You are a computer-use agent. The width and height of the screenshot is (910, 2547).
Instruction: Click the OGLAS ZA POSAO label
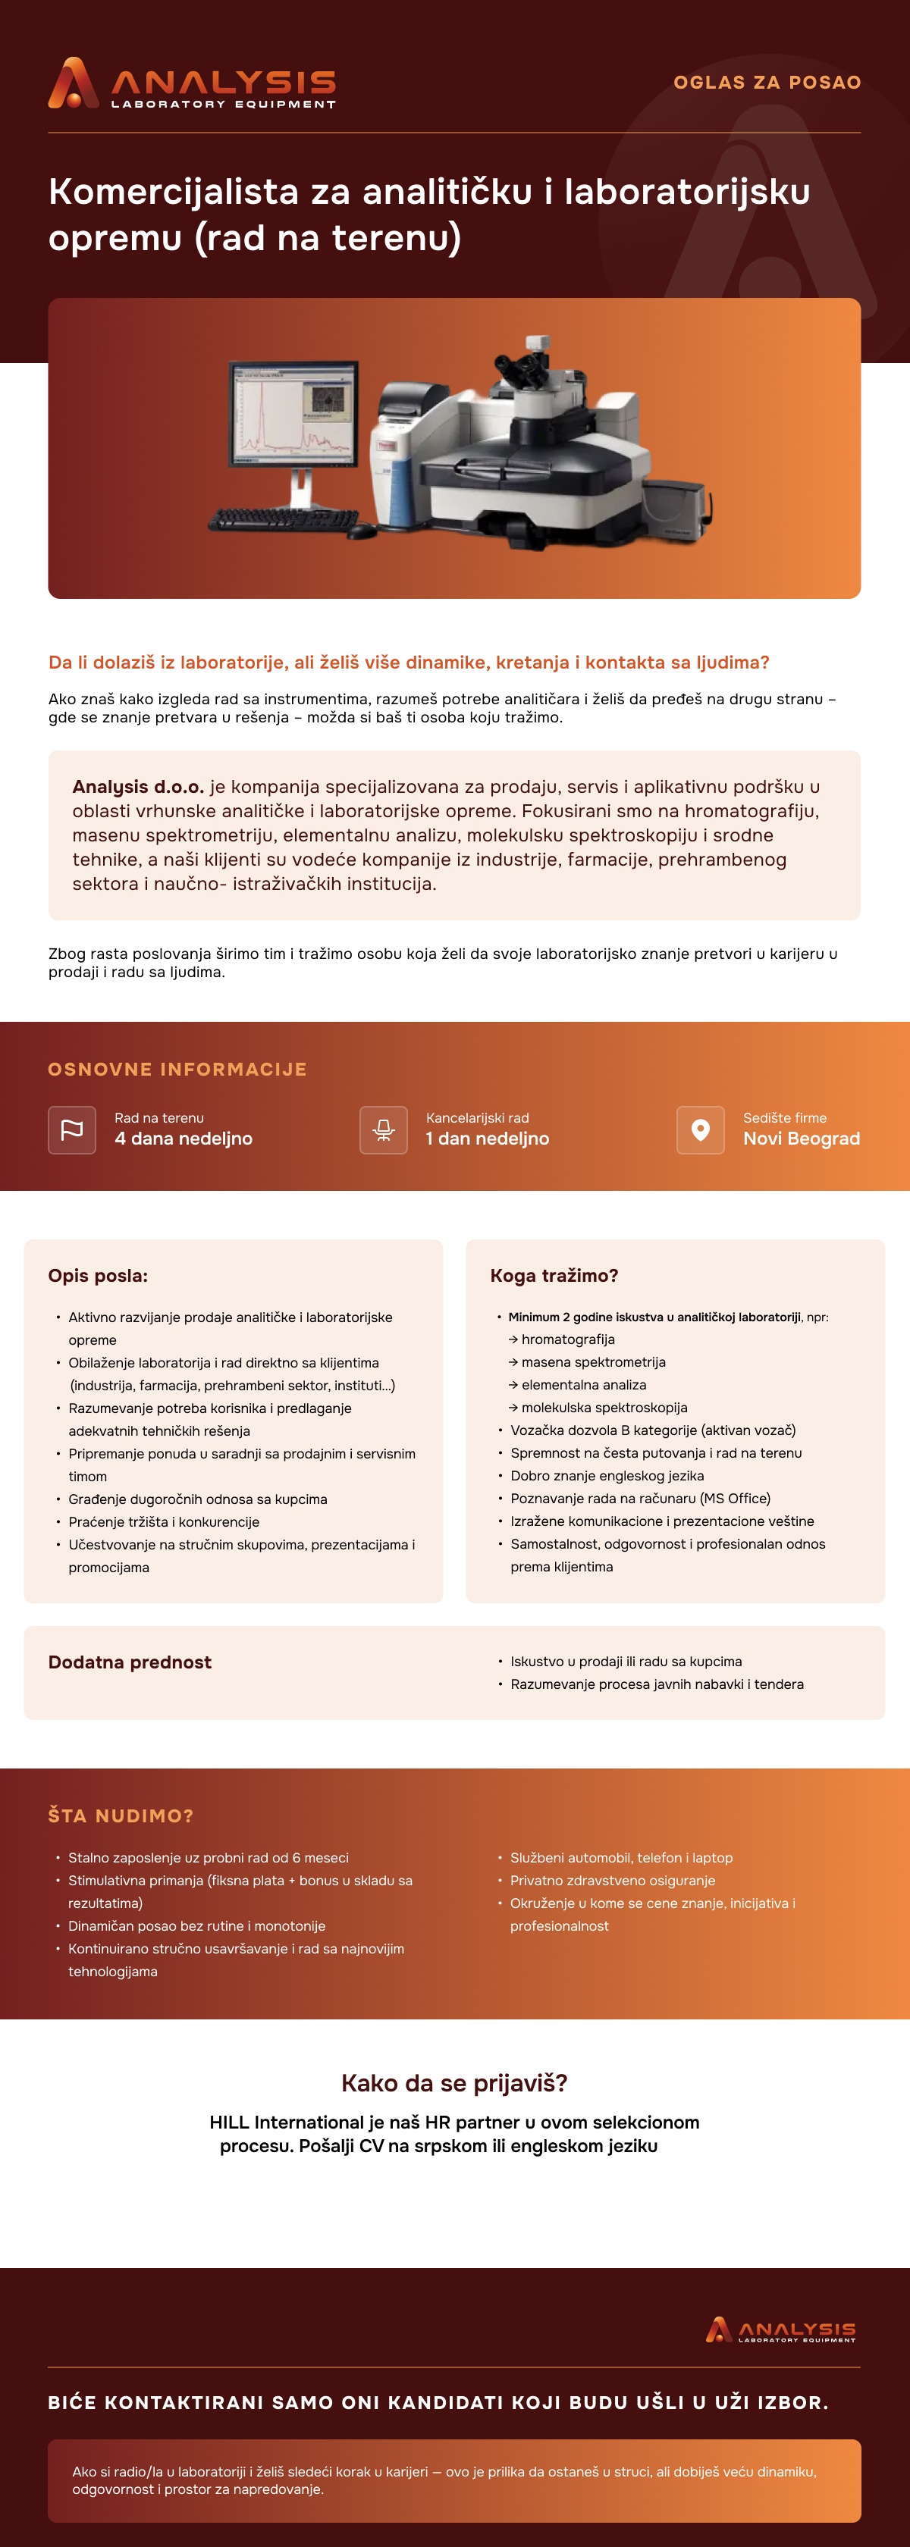click(767, 82)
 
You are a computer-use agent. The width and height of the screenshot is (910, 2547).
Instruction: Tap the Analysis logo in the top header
click(192, 83)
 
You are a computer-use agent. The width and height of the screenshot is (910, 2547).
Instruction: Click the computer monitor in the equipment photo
click(293, 415)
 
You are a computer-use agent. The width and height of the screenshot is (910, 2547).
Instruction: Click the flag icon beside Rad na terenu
click(72, 1129)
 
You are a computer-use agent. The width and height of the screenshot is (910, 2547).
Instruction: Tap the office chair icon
click(384, 1129)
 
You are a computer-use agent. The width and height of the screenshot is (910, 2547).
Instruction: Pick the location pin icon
click(700, 1129)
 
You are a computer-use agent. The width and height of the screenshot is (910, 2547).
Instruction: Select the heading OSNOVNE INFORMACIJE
click(177, 1069)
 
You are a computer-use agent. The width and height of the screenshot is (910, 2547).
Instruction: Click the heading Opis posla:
click(98, 1276)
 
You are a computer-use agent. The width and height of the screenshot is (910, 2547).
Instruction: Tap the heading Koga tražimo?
click(554, 1276)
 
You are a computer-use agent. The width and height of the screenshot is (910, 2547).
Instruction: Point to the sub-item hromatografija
click(568, 1339)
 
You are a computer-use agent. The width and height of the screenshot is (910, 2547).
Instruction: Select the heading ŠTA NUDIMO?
click(121, 1815)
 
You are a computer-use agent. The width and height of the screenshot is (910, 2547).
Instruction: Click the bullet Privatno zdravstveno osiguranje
click(612, 1881)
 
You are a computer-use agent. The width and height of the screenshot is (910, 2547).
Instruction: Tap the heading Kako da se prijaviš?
click(454, 2083)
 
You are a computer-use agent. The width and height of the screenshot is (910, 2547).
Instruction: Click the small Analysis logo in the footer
click(780, 2330)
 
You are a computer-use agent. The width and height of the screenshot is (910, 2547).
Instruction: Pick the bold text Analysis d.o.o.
click(137, 787)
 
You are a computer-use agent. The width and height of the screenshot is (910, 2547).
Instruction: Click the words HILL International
click(287, 2122)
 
